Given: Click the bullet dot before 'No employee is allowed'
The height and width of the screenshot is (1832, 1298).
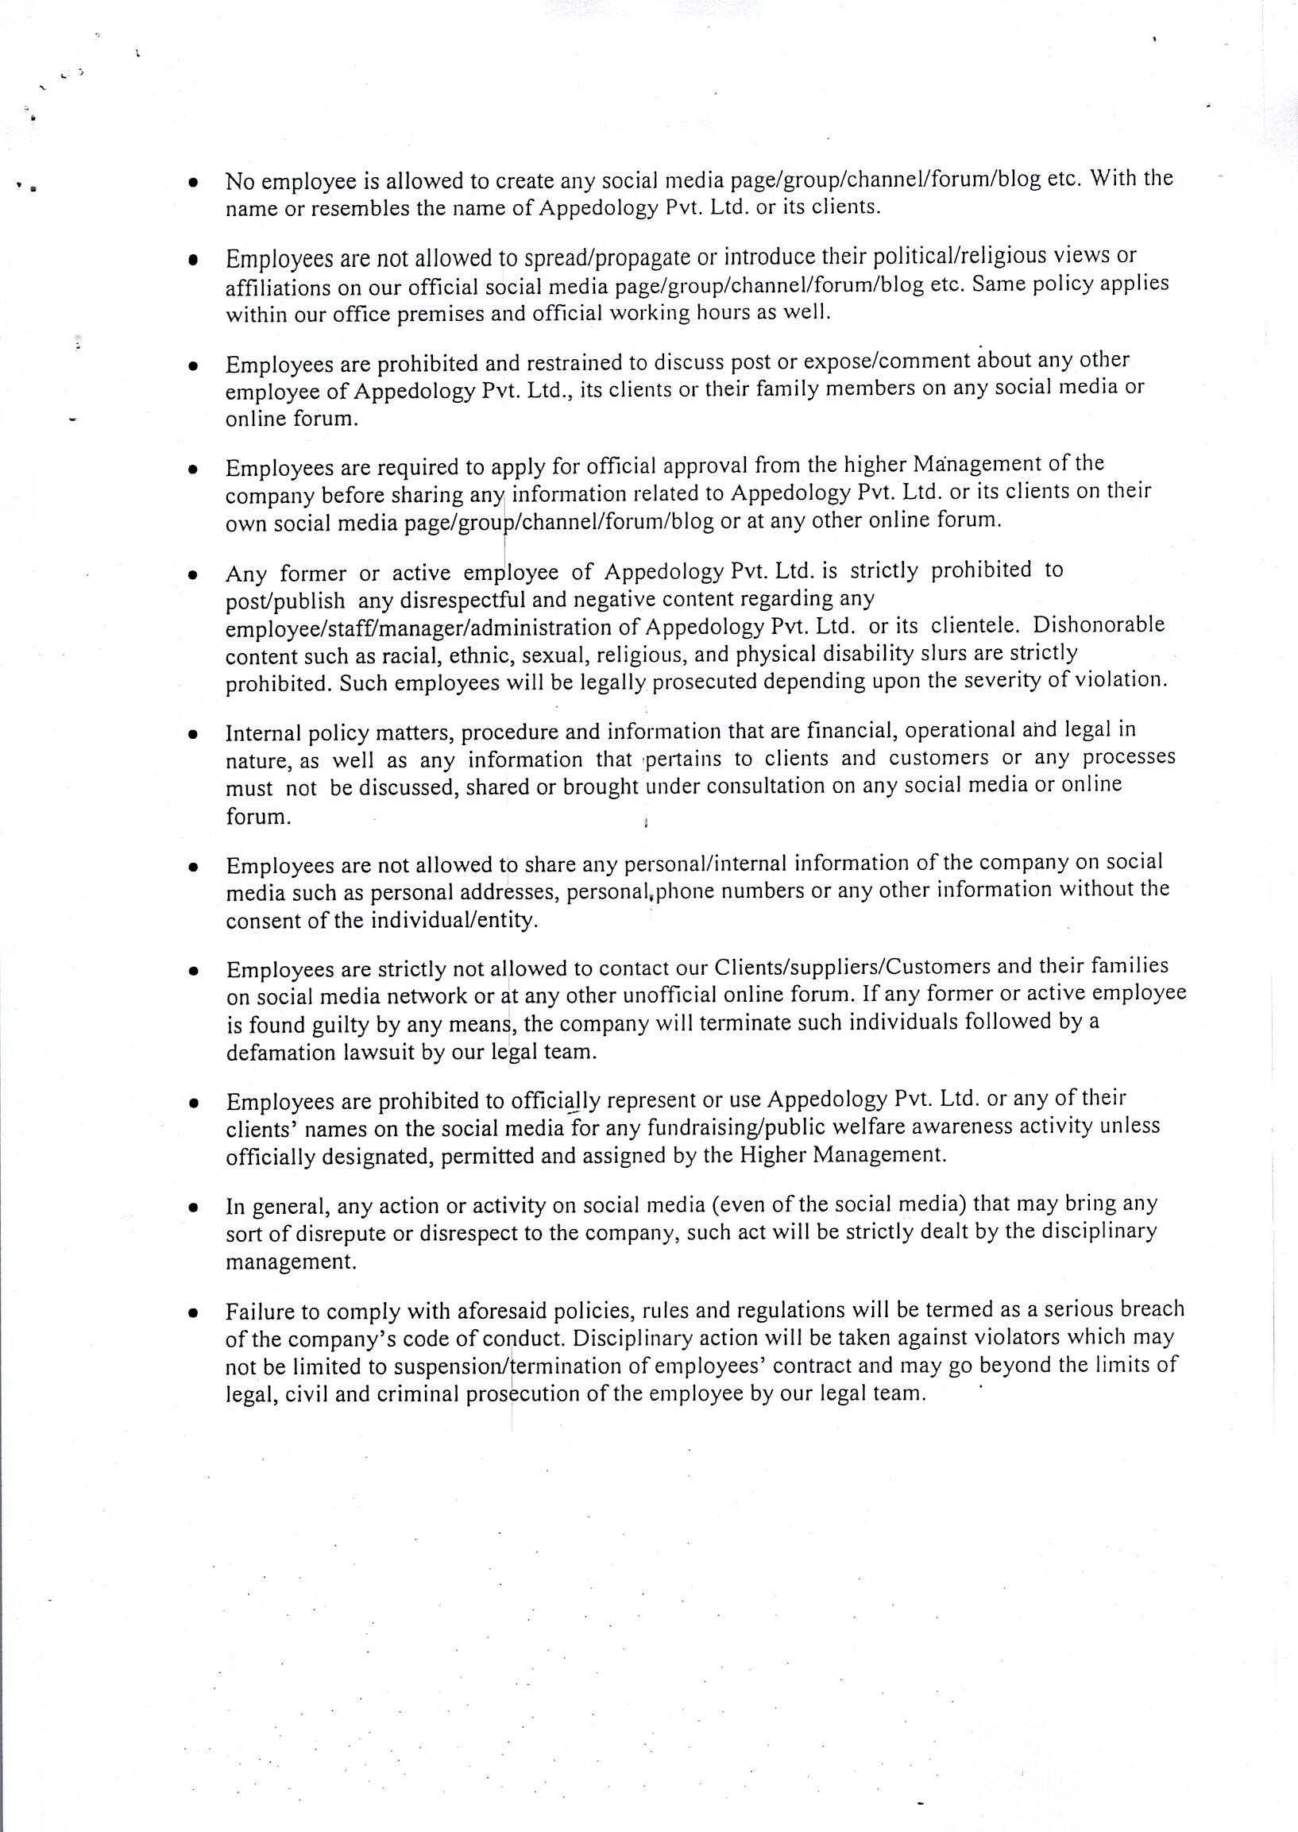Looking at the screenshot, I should click(x=192, y=183).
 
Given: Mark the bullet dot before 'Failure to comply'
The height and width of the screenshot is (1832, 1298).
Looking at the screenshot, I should click(x=192, y=1312).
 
